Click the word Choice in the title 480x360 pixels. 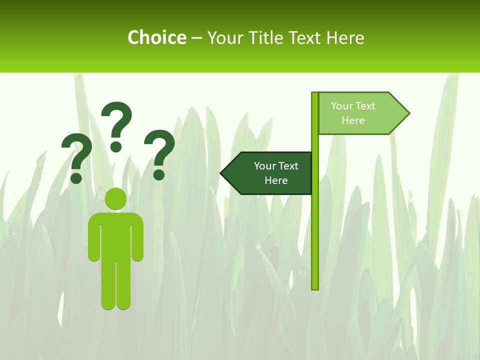156,37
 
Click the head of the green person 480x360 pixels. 116,199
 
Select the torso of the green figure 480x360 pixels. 116,235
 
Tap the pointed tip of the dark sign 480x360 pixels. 222,173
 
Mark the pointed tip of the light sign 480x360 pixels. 408,113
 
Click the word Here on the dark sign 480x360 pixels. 276,180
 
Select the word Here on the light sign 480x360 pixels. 353,120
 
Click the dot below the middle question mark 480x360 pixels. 116,146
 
